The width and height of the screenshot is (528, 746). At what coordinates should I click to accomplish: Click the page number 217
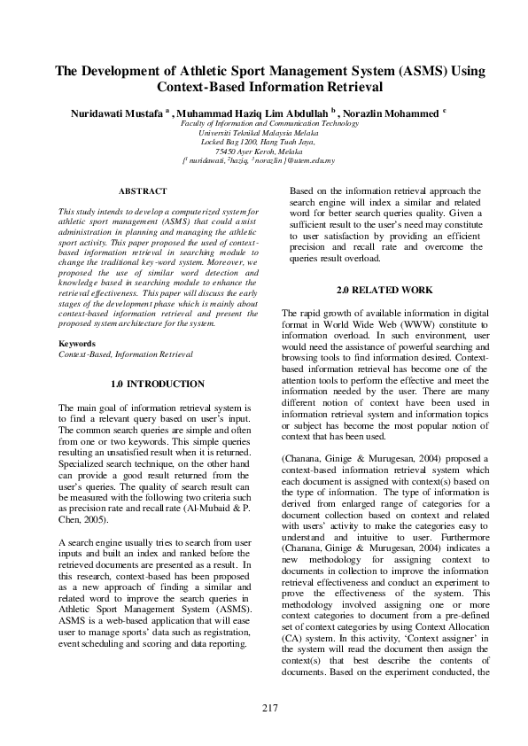(271, 707)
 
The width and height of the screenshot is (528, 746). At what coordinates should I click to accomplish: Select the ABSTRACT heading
(143, 191)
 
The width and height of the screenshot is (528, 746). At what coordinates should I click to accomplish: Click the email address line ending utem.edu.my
(269, 160)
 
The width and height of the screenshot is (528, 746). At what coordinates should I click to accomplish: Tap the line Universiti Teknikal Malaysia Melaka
(269, 133)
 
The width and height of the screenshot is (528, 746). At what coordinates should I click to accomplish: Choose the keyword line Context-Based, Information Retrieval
(125, 354)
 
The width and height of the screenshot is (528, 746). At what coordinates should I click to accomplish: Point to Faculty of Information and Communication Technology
(269, 124)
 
